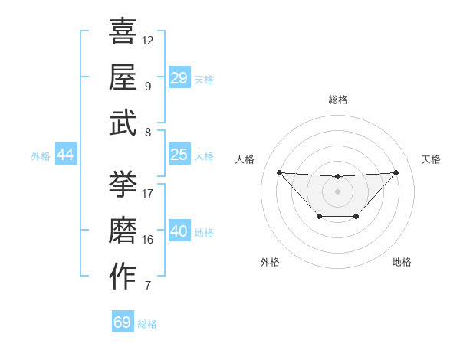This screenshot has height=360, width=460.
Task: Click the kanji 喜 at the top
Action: click(x=123, y=31)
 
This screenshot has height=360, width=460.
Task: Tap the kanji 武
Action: click(x=123, y=123)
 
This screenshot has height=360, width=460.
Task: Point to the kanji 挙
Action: click(x=123, y=184)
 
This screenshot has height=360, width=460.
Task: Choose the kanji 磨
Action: click(x=123, y=230)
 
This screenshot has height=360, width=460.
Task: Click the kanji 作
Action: click(x=123, y=276)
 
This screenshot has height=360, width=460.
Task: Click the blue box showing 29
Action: click(x=179, y=77)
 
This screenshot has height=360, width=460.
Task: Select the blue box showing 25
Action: click(x=179, y=155)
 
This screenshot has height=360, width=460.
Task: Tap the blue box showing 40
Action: click(x=179, y=231)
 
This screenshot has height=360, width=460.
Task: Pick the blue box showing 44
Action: click(x=66, y=155)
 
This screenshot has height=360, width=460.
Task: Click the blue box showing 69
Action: click(x=123, y=322)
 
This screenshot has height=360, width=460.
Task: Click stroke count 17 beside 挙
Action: click(x=148, y=193)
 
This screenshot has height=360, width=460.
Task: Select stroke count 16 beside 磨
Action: click(x=148, y=239)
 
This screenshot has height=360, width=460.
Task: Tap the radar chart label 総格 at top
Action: click(x=337, y=100)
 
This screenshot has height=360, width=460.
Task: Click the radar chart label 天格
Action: click(x=431, y=159)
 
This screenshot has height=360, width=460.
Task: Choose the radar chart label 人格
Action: click(x=245, y=159)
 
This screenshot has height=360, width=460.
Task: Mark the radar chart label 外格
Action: click(x=270, y=262)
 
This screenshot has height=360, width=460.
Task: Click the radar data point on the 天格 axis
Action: click(x=396, y=172)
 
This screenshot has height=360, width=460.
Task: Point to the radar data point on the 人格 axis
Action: click(x=279, y=172)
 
